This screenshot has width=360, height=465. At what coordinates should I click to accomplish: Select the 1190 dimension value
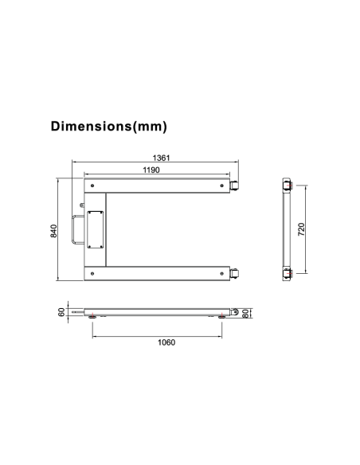point(152,170)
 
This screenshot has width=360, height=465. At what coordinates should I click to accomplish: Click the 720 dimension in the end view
point(300,229)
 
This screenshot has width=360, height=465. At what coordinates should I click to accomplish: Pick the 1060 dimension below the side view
point(165,342)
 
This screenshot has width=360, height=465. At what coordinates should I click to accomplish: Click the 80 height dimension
point(246,312)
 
